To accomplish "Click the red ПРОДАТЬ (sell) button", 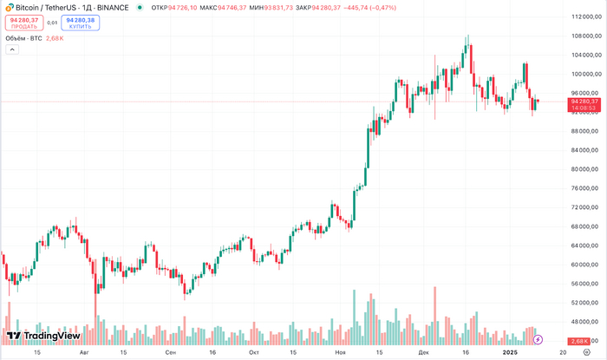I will coord(24,23).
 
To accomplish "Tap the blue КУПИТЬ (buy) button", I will coord(80,23).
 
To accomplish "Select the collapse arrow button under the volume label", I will coord(12,50).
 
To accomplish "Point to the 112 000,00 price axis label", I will coord(585,16).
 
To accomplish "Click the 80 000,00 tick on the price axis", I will coord(585,169).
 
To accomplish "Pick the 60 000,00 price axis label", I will coord(585,265).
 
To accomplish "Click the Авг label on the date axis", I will coord(84,353).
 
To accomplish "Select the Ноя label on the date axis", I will coord(341,353).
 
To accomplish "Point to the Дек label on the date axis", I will coord(422,353).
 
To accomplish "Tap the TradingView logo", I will coord(43,336).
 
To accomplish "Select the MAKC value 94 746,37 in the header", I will coord(233,7).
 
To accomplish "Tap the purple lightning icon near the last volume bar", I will coord(538,338).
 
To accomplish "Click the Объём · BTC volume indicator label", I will coord(23,38).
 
